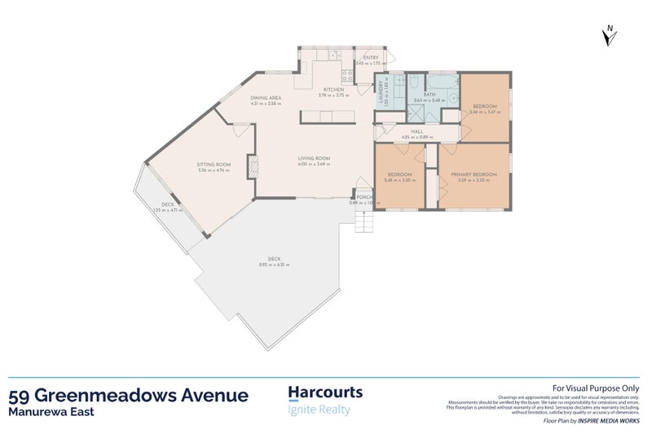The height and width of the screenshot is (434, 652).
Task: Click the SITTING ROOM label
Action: (214, 164)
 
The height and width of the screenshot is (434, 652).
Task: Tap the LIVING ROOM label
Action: (313, 158)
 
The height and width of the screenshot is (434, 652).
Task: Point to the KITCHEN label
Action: (333, 89)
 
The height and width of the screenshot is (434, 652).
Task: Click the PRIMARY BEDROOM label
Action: (474, 174)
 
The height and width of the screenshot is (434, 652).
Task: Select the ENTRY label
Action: (371, 58)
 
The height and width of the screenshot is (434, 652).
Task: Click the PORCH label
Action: (363, 196)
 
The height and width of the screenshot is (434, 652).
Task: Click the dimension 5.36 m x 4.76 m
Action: (214, 170)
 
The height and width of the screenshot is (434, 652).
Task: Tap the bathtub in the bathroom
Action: (439, 82)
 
